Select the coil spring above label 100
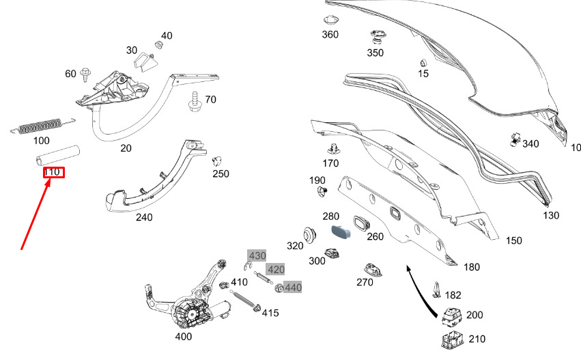(40, 126)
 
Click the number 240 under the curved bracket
(144, 217)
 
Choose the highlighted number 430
(257, 255)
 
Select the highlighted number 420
(275, 269)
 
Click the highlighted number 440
(293, 288)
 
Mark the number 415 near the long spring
(270, 313)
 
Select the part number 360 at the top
(330, 34)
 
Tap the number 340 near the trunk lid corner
(530, 143)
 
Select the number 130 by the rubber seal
(551, 215)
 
